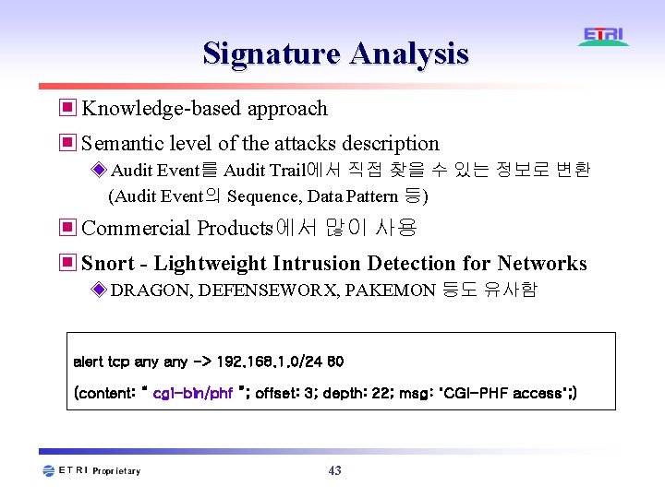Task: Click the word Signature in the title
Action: point(271,53)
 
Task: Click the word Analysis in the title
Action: point(408,53)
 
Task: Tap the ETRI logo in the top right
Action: point(603,37)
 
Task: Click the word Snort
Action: point(108,264)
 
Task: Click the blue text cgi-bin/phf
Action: point(192,394)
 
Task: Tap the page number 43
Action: point(334,470)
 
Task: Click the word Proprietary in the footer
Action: point(116,471)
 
